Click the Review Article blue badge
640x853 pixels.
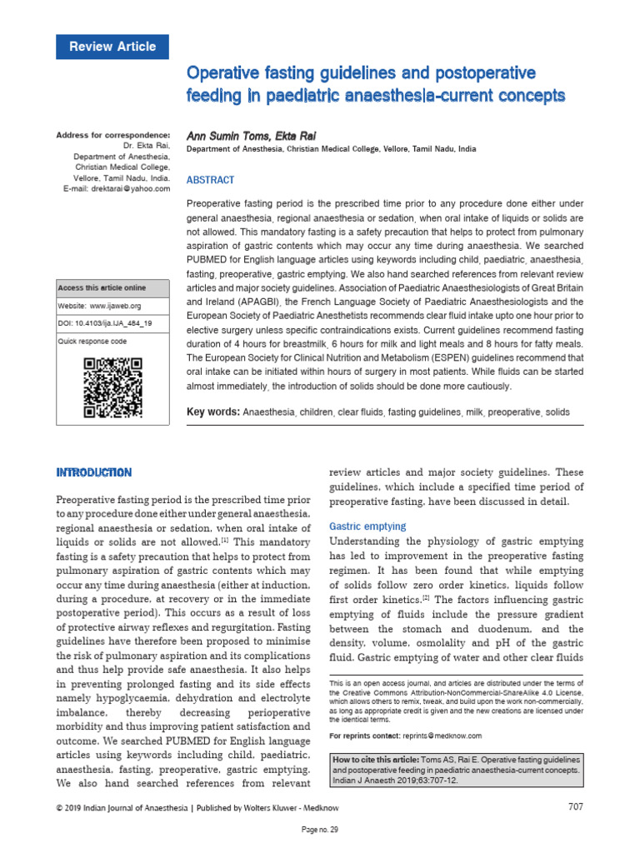point(112,47)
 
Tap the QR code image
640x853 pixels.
point(112,387)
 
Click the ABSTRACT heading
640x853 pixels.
point(210,180)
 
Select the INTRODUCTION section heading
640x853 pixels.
point(93,472)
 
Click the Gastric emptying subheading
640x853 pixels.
point(367,526)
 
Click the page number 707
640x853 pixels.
point(574,806)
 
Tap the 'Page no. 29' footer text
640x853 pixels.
point(320,831)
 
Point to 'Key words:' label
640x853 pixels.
point(213,412)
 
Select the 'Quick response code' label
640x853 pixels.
point(92,342)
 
